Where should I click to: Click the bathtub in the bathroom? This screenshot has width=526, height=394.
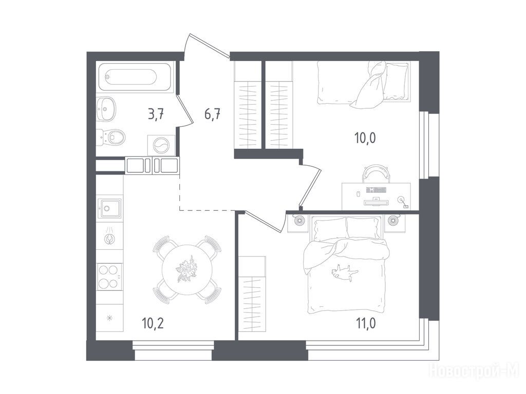(x=135, y=77)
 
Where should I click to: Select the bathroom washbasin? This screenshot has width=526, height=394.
(x=106, y=109)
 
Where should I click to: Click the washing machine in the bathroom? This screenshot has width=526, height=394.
(x=161, y=145)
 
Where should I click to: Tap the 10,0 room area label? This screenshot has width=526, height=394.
(x=365, y=137)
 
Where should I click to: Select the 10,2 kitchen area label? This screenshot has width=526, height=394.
(x=153, y=324)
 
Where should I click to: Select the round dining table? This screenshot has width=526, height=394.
(x=187, y=270)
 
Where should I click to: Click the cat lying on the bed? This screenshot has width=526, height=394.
(x=344, y=271)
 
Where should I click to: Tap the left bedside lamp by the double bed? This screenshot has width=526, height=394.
(x=300, y=221)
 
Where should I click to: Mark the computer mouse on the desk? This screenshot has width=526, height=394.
(x=358, y=194)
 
